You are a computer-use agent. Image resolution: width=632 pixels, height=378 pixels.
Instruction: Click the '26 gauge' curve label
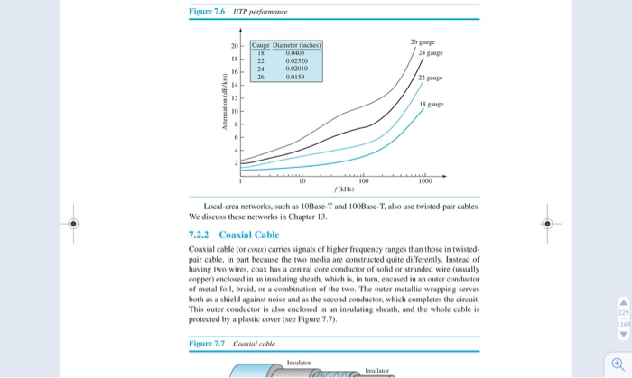423,42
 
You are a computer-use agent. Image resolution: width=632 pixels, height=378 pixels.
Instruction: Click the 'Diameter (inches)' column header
291,45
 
